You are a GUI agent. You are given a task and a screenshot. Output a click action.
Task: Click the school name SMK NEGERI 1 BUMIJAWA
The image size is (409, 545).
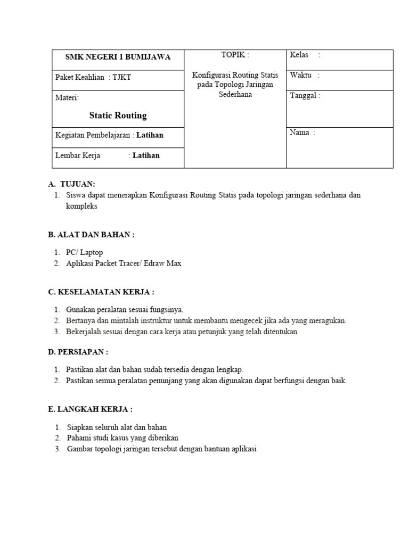coord(118,57)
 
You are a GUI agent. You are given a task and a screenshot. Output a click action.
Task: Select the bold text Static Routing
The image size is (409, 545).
coord(118,115)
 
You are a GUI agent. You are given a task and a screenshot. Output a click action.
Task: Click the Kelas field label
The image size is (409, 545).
coord(299,55)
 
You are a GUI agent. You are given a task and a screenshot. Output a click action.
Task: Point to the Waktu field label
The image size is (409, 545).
coord(300,75)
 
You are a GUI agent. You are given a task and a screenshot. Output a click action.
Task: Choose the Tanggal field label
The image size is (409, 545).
coord(304,96)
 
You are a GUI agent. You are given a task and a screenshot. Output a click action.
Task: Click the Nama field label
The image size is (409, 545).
coord(299,133)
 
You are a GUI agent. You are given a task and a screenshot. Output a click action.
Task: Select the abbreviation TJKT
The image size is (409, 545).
coord(122,78)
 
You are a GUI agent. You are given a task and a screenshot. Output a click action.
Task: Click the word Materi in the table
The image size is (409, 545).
coord(67,98)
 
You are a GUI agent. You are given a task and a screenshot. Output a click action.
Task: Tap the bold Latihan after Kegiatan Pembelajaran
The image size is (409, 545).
coord(150,135)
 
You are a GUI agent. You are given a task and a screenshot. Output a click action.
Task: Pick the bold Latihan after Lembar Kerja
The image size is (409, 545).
coord(145,155)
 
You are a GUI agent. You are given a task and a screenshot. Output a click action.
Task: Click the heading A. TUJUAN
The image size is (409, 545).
coord(71,184)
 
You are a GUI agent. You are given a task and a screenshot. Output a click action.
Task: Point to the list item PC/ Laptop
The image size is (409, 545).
coord(84,253)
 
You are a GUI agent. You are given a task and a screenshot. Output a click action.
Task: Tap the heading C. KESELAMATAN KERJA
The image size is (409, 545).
coord(101,292)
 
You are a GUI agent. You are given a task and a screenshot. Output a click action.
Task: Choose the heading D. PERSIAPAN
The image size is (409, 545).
coord(78,352)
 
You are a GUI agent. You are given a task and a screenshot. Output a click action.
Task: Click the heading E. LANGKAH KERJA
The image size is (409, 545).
coord(90,409)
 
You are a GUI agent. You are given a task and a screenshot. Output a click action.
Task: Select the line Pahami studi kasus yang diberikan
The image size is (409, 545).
coord(122,438)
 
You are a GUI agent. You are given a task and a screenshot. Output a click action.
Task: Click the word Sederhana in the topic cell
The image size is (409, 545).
coord(235,95)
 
